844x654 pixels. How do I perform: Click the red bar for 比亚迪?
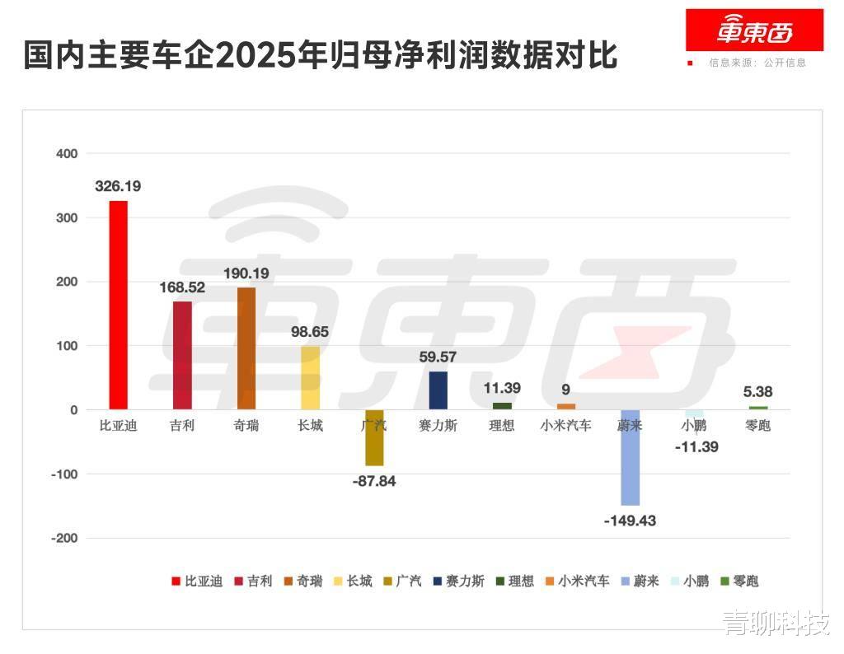(x=118, y=305)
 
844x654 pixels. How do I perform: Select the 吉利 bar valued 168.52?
(x=182, y=355)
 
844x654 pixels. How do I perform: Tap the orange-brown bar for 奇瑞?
(x=246, y=348)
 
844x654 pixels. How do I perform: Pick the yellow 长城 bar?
(x=310, y=377)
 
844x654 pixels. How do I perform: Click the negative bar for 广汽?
(x=374, y=437)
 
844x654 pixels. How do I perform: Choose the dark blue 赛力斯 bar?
(x=438, y=390)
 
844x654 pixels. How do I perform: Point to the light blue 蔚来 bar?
(x=630, y=457)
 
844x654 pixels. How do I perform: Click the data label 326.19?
(x=118, y=186)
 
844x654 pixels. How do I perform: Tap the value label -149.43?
(x=630, y=521)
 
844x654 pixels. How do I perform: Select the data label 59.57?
(x=438, y=357)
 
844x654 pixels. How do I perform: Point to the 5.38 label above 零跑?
(x=757, y=392)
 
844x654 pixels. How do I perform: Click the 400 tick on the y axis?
(x=67, y=153)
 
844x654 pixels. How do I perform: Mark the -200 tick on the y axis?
(x=64, y=538)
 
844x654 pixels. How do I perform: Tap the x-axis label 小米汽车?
(x=565, y=426)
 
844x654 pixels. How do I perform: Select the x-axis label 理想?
(x=502, y=426)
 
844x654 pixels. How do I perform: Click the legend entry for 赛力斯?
(x=458, y=581)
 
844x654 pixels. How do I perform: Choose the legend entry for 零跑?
(x=738, y=581)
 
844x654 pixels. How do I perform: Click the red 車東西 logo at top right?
(x=754, y=30)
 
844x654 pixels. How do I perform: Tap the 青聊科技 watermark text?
(x=776, y=624)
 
